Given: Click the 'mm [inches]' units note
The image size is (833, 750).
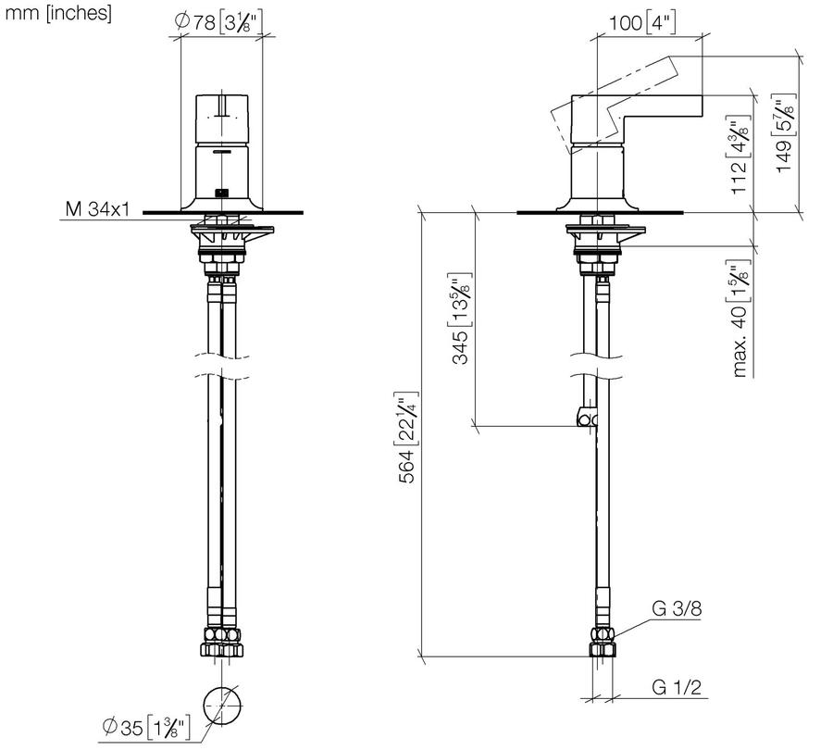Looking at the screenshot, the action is pos(58,13).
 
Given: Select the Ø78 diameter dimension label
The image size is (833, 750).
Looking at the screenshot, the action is pos(218,22).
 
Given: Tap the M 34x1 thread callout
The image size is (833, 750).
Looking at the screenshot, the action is pos(98,209).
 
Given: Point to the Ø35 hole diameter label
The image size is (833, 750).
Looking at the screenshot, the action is pos(145,727).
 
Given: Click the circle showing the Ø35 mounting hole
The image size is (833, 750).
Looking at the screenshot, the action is pos(222,706).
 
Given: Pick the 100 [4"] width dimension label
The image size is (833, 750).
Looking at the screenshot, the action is pos(642,23).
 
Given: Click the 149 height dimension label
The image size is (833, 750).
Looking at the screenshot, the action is pos(785,132).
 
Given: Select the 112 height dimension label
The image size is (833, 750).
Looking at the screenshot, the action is pos(740,154).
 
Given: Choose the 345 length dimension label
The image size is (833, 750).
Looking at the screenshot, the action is pos(461,319).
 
